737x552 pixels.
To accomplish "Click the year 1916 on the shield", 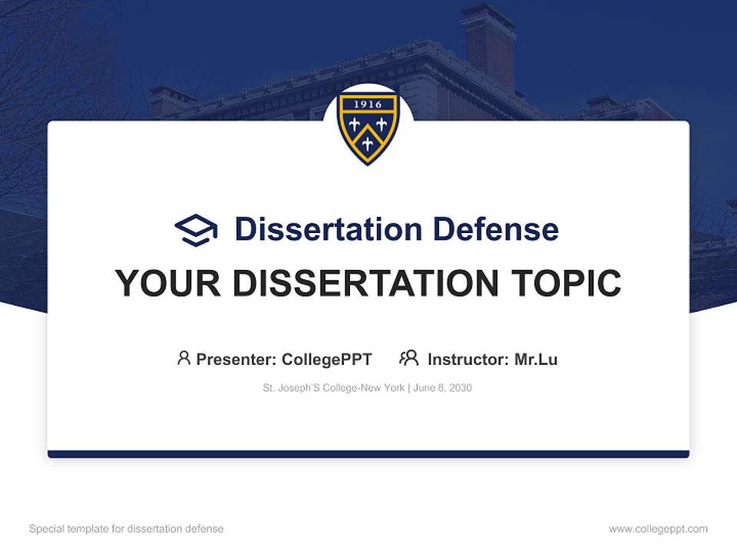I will point(368,104).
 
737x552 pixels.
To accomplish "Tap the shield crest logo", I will point(368,127).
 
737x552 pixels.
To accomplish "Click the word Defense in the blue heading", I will point(494,229).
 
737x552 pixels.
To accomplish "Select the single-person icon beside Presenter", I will point(183,358).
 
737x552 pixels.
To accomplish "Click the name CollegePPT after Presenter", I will point(326,360).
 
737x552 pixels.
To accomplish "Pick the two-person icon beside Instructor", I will point(408,358).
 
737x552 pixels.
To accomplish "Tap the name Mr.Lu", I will point(536,360).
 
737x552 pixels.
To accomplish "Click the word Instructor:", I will point(468,360).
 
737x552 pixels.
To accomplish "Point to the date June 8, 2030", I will point(442,388).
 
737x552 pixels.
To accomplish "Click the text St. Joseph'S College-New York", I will point(333,388).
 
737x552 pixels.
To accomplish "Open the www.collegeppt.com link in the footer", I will point(658,529).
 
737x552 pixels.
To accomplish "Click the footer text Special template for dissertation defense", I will point(127,529).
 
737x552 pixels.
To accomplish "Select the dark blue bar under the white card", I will point(368,454).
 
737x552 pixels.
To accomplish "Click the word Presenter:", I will point(236,360).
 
